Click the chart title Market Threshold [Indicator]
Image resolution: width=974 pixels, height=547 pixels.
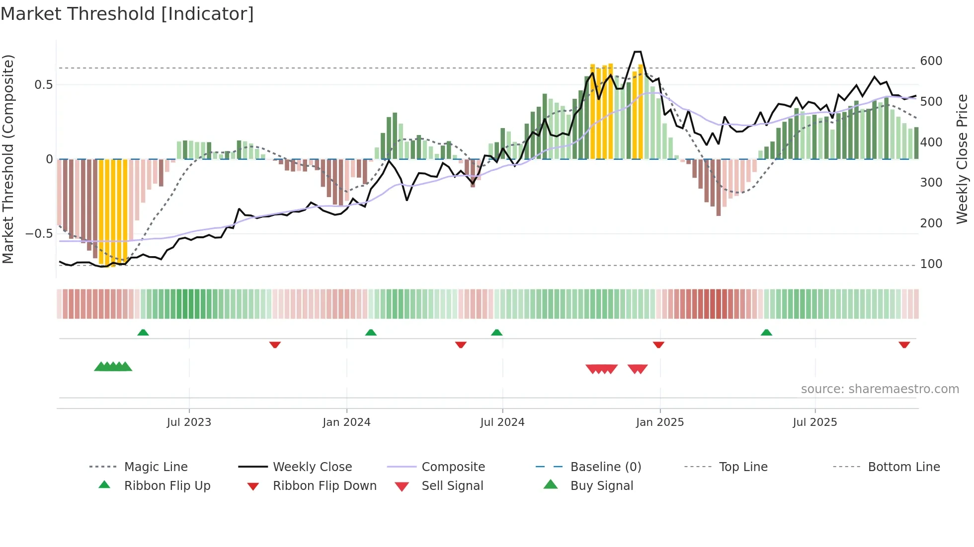point(127,14)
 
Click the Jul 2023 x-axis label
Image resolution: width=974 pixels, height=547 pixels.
point(189,422)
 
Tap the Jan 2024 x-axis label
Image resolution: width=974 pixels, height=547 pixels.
point(346,422)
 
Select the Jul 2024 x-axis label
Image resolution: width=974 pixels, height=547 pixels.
point(502,422)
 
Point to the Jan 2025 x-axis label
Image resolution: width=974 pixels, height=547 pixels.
point(659,422)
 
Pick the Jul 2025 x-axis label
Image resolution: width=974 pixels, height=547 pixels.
point(814,422)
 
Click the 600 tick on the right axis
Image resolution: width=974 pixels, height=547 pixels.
point(931,61)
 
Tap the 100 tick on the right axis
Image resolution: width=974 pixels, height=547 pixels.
point(931,264)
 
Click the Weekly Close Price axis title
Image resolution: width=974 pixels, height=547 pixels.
point(962,159)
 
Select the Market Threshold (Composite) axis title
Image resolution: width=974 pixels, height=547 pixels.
point(8,159)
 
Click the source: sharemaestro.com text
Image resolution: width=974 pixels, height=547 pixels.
point(880,389)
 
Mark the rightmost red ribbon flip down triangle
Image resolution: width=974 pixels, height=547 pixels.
point(904,344)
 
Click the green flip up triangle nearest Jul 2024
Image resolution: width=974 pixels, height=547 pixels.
point(496,333)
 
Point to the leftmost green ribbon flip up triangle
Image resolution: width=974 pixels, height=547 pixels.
point(143,333)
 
